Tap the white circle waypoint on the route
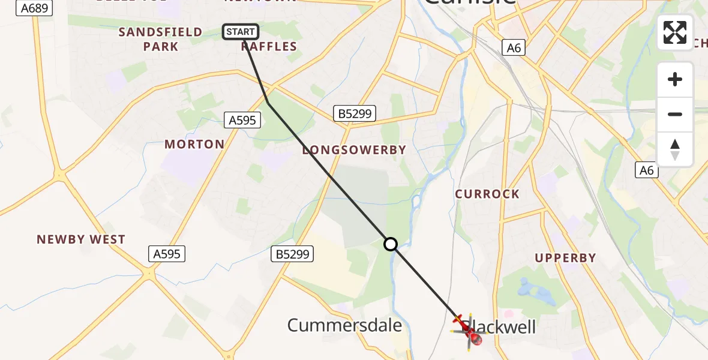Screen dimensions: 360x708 391,244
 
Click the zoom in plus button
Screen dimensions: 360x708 675,80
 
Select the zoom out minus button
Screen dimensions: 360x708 675,115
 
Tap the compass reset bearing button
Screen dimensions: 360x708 675,149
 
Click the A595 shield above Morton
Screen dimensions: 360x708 242,120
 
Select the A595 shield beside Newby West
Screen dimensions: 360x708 167,254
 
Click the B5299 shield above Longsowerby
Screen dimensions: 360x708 354,113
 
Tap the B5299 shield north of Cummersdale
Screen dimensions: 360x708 292,254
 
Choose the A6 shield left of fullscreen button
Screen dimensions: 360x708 514,48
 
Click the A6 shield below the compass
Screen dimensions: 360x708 646,170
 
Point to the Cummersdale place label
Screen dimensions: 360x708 344,326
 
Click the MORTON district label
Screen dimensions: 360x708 194,145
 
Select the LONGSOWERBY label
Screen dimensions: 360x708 354,150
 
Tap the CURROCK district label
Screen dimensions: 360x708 487,194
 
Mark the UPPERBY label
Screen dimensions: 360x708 566,258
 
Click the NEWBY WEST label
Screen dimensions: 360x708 81,239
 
